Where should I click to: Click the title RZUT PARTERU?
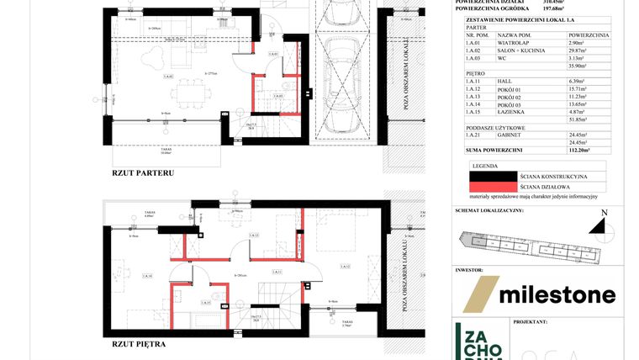pyautogui.click(x=142, y=172)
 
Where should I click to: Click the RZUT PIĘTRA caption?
pyautogui.click(x=139, y=344)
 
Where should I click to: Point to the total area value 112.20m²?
pyautogui.click(x=577, y=150)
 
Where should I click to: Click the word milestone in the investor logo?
pyautogui.click(x=557, y=294)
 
